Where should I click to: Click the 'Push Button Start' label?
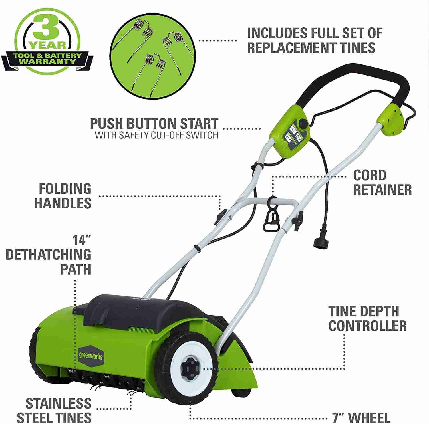tap(154, 124)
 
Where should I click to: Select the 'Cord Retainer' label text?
tap(382, 183)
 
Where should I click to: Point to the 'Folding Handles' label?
tap(63, 196)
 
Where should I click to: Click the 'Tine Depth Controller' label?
tap(367, 318)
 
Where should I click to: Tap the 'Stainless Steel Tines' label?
tap(58, 411)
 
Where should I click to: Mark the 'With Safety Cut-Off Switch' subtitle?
tap(156, 135)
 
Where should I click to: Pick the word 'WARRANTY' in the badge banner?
tap(47, 62)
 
